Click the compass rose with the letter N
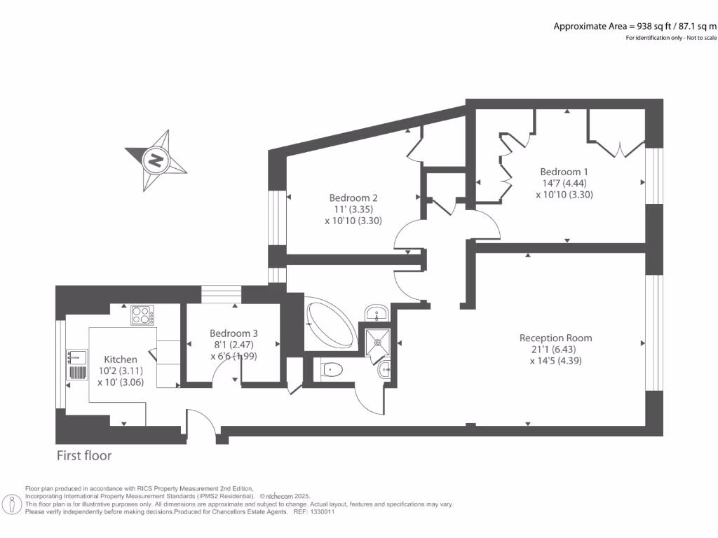coord(156,160)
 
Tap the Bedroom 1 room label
coord(564,172)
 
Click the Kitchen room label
coord(121,359)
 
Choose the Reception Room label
coord(555,338)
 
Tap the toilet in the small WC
coord(331,368)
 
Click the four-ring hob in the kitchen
coord(142,316)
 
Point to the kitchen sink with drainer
coord(76,364)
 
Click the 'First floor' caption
coord(84,456)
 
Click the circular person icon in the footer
coord(13,503)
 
